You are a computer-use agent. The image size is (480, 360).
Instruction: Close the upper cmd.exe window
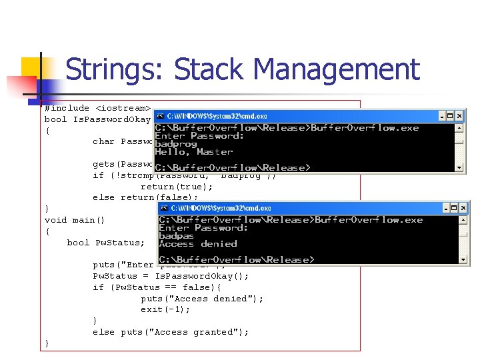[458, 115]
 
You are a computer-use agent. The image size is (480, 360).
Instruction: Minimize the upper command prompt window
[439, 115]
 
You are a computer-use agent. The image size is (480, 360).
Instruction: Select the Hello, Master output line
[185, 152]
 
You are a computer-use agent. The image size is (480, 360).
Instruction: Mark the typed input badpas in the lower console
[176, 236]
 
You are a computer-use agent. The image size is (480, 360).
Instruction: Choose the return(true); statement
[176, 187]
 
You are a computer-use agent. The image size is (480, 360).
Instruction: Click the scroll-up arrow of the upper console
[459, 127]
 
